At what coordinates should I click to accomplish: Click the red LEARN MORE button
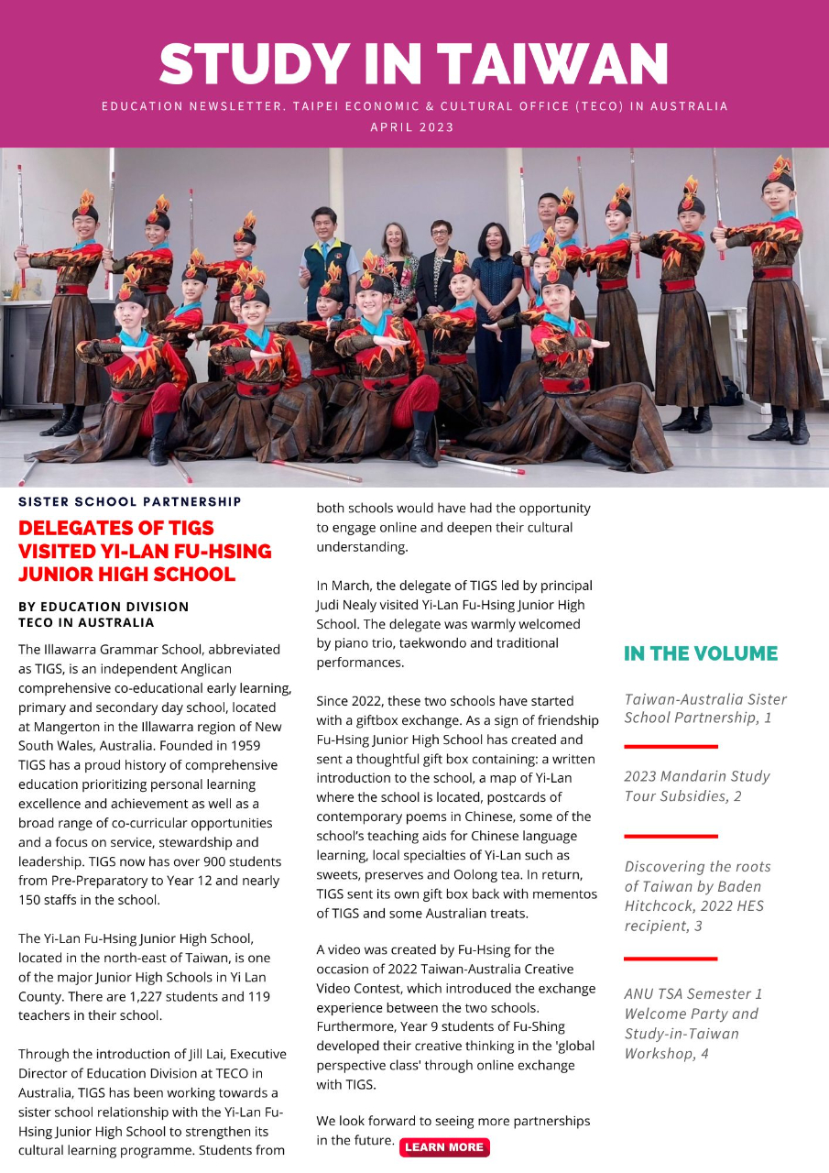tap(444, 1147)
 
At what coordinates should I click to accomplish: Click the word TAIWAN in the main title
tap(552, 64)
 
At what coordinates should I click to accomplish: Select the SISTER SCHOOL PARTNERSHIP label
tap(130, 501)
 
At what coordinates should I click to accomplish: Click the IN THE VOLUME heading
tap(701, 653)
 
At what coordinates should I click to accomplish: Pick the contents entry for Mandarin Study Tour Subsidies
tap(697, 785)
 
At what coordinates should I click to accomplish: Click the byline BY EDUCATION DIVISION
tap(104, 607)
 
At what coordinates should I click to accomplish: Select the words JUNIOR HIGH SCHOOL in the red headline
tap(127, 575)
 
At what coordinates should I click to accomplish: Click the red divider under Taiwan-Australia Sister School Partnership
tap(671, 747)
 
